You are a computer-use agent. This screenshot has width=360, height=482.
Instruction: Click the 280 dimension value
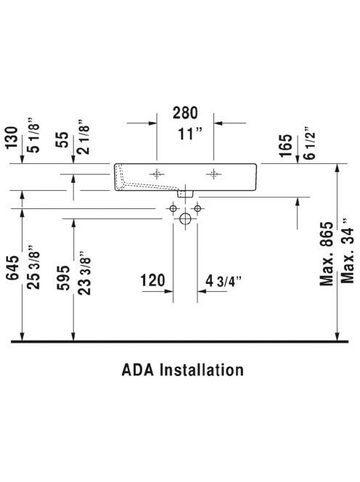pos(185,113)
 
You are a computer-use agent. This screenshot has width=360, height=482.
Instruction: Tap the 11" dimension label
pos(190,134)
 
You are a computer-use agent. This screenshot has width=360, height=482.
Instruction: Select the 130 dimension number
pos(13,137)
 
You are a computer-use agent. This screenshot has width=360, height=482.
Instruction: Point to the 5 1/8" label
pos(33,135)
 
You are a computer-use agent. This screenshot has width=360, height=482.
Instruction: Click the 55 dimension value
pos(62,139)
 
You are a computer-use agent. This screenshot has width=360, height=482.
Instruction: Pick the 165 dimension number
pos(286,145)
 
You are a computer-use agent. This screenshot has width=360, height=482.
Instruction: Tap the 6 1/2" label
pos(309,142)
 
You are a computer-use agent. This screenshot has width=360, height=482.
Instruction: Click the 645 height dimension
pos(13,267)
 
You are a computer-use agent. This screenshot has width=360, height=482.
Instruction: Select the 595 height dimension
pos(63,278)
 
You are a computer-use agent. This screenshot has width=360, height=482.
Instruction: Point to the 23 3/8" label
pos(84,273)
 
